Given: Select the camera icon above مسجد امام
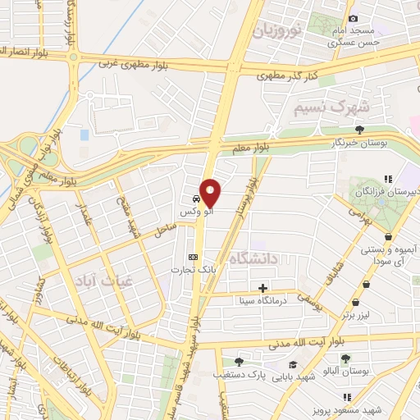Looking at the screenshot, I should [x=353, y=18].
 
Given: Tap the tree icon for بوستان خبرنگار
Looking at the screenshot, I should [x=359, y=129].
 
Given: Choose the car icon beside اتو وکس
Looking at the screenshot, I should [x=195, y=199].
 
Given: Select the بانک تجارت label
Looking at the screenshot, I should [x=188, y=269].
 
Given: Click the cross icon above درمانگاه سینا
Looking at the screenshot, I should [x=262, y=288].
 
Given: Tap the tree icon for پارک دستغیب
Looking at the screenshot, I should [x=239, y=361].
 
